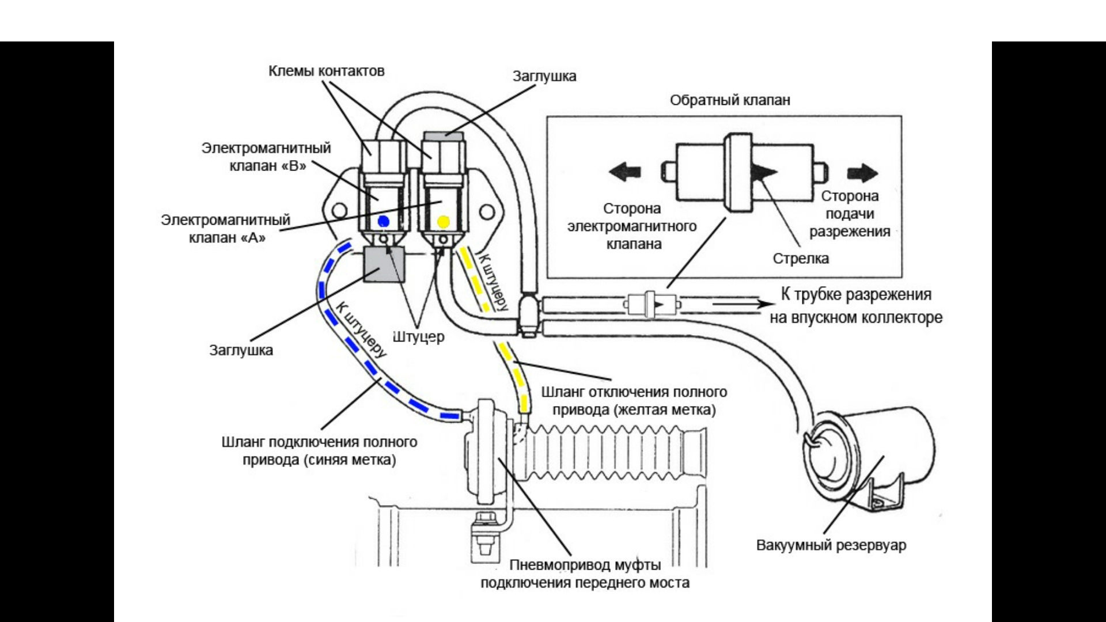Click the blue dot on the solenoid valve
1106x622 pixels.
[384, 221]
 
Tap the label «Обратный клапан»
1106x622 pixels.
[730, 100]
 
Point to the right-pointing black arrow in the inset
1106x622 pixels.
[862, 172]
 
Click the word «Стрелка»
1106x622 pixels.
[801, 259]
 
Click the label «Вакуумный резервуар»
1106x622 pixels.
[831, 545]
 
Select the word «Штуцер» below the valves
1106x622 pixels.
[419, 336]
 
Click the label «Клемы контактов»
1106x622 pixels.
[327, 71]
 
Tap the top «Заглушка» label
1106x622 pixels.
[544, 76]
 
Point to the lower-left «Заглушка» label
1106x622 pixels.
[241, 350]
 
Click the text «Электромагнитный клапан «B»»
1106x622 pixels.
[266, 157]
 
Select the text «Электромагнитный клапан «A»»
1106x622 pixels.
[226, 229]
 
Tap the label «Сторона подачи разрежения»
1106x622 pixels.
[850, 214]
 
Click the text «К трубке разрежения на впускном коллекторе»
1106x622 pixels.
[856, 306]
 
